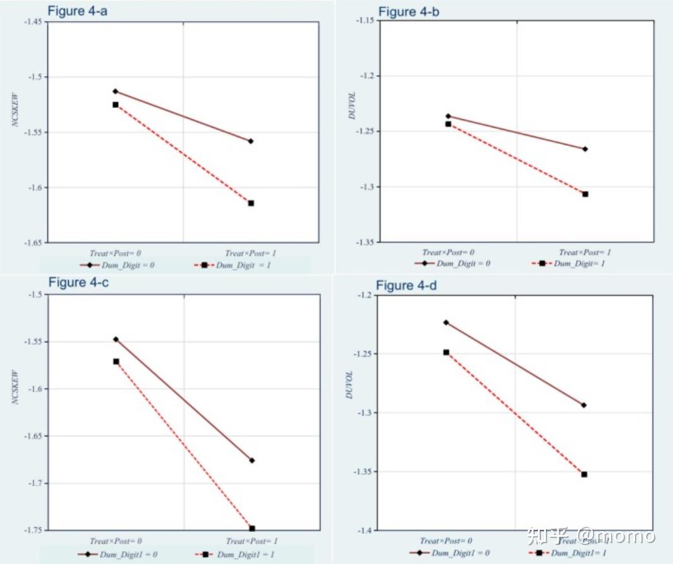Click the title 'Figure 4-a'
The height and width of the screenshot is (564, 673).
[77, 11]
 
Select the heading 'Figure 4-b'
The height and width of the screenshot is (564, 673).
[408, 11]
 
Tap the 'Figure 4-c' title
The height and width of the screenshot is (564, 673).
[78, 282]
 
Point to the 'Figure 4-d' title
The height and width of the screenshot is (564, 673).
[406, 285]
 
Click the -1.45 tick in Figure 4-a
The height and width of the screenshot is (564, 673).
[33, 22]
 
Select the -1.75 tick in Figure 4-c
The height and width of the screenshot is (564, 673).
[33, 530]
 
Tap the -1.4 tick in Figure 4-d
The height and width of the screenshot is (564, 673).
[367, 530]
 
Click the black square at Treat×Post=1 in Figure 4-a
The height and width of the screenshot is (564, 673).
[251, 203]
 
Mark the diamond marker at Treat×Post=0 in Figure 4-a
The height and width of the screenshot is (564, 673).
[115, 92]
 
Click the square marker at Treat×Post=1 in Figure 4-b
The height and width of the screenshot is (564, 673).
[585, 194]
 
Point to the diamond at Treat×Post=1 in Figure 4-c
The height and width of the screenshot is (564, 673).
[252, 460]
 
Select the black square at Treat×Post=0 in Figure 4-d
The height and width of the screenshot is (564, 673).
[446, 352]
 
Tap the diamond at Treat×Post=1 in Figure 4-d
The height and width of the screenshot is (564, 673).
[584, 405]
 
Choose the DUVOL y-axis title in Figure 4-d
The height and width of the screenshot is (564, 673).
[349, 384]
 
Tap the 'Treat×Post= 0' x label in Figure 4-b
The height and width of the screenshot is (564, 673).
[448, 253]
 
